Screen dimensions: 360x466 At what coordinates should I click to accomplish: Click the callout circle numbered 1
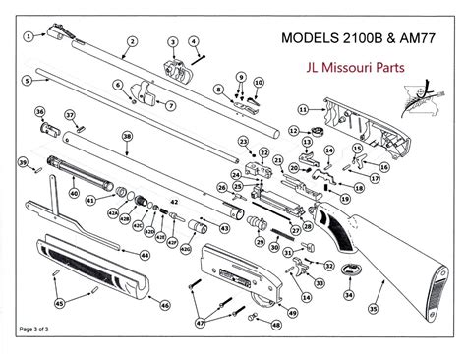(29, 35)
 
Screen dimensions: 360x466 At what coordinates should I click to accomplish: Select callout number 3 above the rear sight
(172, 42)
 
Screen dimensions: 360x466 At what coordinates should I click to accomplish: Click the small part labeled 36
(45, 129)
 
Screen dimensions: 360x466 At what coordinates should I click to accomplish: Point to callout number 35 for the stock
(373, 309)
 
